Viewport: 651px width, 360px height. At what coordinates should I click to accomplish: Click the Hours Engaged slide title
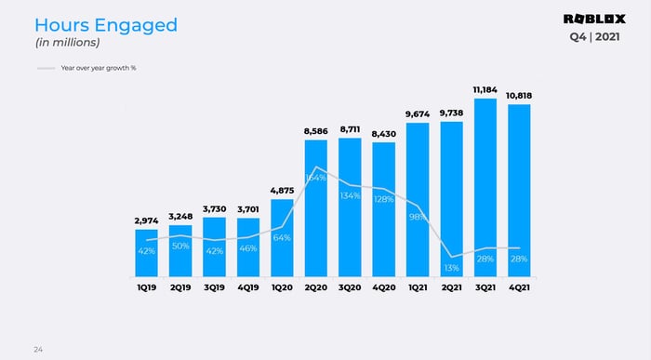(x=105, y=25)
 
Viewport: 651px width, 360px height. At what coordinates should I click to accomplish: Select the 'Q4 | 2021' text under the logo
(x=596, y=37)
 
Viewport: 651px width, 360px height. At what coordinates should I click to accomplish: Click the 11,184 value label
(x=485, y=89)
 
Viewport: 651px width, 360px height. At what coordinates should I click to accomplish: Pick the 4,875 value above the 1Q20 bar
(x=283, y=190)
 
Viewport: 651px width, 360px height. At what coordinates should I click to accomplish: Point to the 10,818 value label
(x=519, y=96)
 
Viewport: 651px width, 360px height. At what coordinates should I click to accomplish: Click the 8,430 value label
(x=384, y=134)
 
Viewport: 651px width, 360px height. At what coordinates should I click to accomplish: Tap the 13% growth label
(x=452, y=268)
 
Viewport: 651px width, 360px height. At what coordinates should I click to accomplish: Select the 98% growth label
(x=418, y=217)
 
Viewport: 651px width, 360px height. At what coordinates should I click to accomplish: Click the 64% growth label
(x=283, y=238)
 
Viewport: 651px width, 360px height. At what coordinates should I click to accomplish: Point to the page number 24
(x=38, y=349)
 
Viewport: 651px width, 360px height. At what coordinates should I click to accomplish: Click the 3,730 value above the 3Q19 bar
(x=215, y=209)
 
